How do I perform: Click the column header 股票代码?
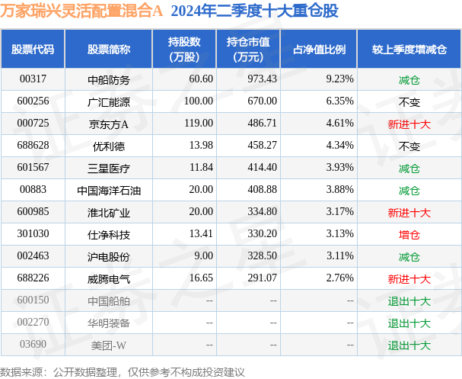[33, 49]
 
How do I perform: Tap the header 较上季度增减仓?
[409, 49]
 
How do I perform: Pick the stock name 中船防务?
[109, 79]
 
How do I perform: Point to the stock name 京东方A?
[109, 123]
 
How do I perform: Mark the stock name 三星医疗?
[109, 167]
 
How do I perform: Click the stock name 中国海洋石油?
[109, 190]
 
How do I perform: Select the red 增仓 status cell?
[409, 234]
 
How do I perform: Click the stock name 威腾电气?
[109, 279]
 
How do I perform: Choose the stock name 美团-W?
[109, 345]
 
